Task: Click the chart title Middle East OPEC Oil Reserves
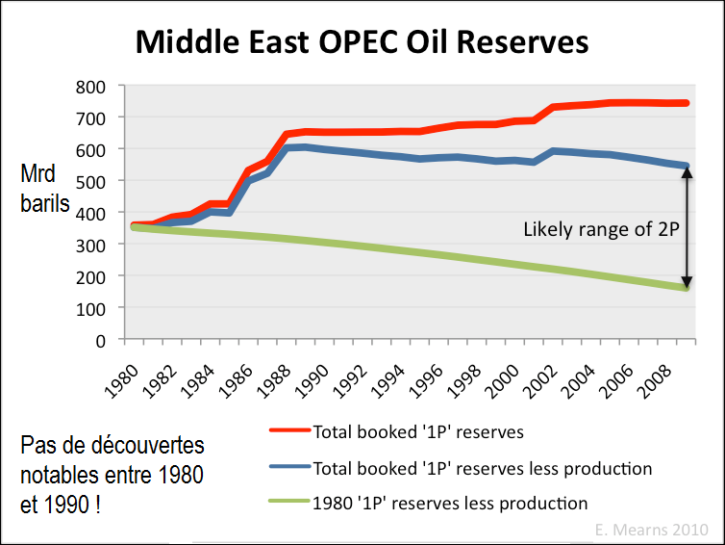[362, 41]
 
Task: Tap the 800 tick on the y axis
[91, 86]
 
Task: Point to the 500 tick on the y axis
[91, 180]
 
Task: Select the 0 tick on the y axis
[100, 339]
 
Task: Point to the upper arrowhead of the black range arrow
[687, 173]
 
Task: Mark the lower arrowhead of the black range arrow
[687, 281]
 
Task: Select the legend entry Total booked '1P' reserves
[418, 432]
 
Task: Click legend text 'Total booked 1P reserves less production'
[483, 468]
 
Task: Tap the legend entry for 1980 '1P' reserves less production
[450, 503]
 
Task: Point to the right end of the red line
[687, 102]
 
